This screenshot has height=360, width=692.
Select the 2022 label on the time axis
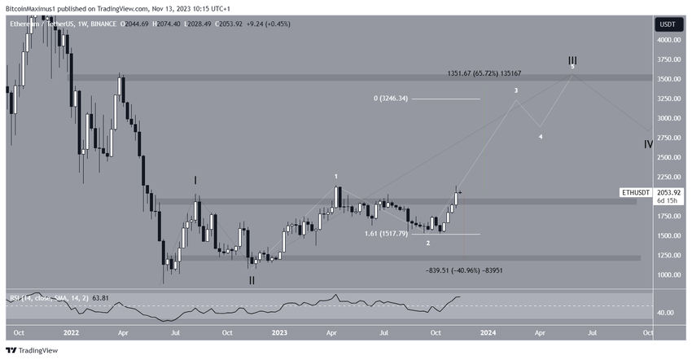72,332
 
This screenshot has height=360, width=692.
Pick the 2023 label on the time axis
279,332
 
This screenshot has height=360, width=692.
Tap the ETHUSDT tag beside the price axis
636,193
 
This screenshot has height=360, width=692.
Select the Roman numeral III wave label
572,61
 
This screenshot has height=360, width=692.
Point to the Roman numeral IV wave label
649,143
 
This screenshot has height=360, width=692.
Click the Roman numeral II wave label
252,279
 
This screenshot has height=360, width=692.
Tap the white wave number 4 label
541,137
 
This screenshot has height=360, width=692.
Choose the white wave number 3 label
516,91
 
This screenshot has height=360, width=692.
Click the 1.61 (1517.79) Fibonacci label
387,234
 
